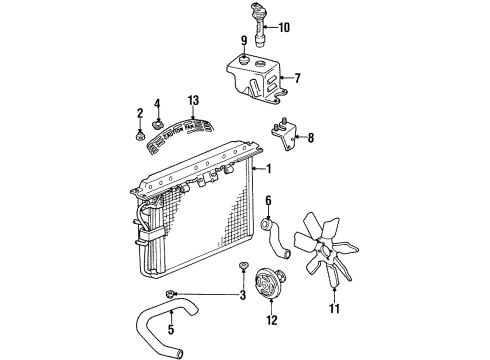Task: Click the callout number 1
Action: tap(268, 169)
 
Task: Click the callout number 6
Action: tap(268, 200)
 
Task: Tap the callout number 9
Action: tap(242, 41)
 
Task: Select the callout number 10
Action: tap(283, 26)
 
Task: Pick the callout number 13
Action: tap(193, 101)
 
